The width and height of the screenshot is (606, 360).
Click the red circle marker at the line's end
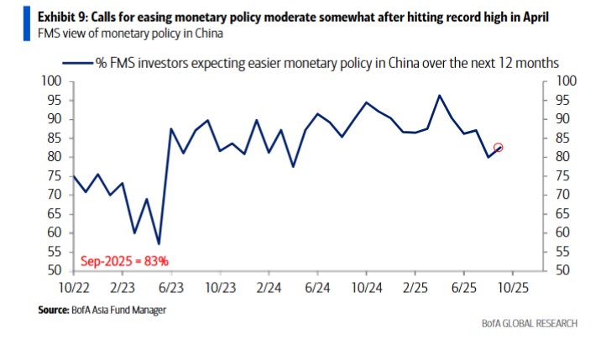pos(499,148)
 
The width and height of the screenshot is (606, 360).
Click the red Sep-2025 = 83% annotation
pos(124,261)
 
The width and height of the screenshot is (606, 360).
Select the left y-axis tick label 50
pos(53,270)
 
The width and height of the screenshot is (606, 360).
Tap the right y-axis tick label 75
pos(564,175)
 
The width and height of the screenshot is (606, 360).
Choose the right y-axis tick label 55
pos(564,252)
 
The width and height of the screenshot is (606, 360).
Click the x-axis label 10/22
pos(74,287)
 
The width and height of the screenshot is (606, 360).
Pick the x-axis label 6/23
pos(171,287)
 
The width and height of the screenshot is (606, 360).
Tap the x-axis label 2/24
pos(269,287)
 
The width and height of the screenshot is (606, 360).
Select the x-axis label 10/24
pos(366,287)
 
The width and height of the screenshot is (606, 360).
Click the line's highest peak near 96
pos(439,96)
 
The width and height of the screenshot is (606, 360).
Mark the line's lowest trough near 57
pos(159,243)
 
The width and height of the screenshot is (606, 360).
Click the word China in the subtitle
pos(207,34)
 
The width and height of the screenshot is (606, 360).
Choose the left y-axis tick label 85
pos(53,138)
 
